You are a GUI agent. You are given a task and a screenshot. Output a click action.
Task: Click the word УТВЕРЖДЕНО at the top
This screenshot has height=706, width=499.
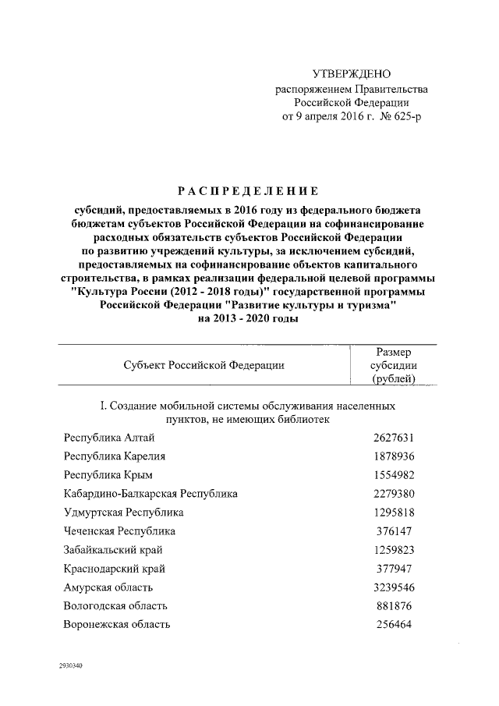[350, 74]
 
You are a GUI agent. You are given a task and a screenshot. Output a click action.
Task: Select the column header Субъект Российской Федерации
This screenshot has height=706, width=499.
[203, 365]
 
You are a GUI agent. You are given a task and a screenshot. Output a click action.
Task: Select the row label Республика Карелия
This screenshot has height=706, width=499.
[114, 456]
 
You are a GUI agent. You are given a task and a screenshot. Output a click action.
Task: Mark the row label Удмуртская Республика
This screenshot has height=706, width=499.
[123, 513]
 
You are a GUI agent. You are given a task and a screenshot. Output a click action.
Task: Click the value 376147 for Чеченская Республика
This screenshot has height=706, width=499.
[393, 531]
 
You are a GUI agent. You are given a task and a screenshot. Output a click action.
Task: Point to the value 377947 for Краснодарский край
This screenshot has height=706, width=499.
[393, 569]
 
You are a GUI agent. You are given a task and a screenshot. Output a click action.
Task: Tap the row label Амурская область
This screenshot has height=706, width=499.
[108, 587]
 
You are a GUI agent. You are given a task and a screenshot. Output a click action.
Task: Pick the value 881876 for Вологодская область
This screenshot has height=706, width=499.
[393, 606]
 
